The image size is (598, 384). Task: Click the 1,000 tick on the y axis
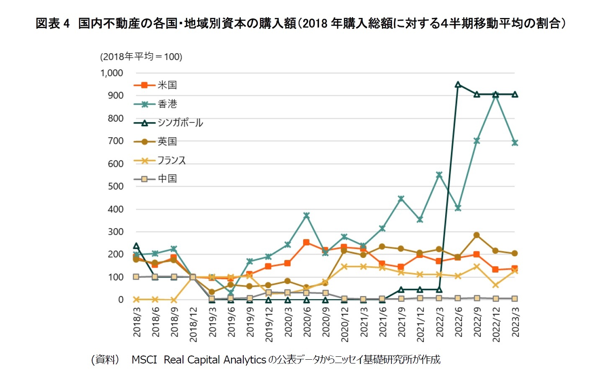point(112,73)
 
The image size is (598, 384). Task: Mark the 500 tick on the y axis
point(116,186)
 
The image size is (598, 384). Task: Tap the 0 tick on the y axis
point(121,300)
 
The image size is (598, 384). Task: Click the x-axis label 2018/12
point(193,325)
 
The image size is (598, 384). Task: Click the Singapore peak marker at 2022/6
point(458,85)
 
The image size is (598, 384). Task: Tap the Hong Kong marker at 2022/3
point(439,175)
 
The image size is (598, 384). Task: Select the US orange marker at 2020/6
point(307,242)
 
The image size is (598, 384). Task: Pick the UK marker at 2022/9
point(477,235)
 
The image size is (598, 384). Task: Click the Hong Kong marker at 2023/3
point(515,143)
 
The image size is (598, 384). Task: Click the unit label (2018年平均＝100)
point(141,57)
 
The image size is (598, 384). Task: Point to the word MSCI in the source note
point(144,360)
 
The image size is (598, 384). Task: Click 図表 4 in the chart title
point(52,23)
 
